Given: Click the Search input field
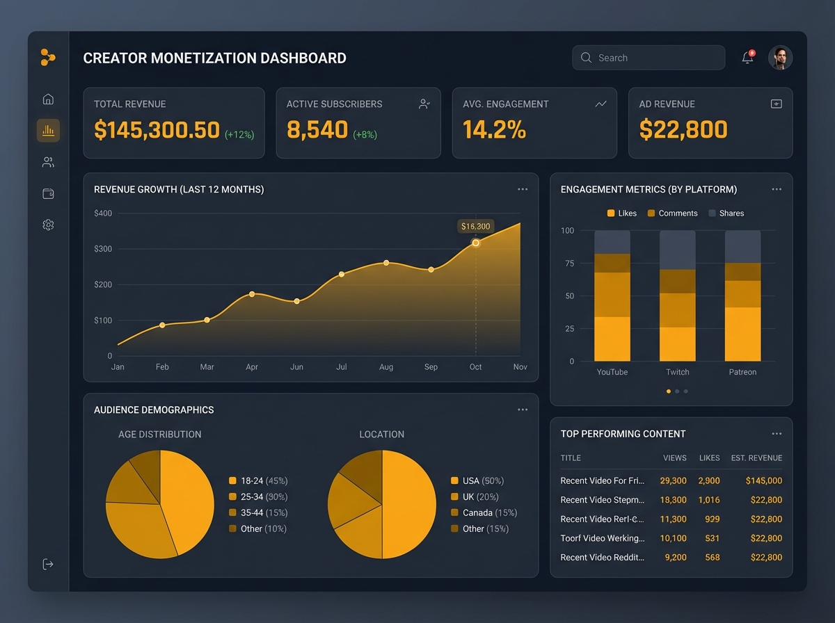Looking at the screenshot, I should [648, 58].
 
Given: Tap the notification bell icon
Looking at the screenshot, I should [747, 58].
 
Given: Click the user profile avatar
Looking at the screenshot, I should [780, 58].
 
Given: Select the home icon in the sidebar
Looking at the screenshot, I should [48, 99].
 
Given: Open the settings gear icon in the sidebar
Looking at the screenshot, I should [48, 225].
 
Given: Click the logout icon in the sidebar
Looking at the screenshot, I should [48, 564].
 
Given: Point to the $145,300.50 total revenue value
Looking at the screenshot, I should [157, 130].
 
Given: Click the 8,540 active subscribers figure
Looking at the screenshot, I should [317, 130].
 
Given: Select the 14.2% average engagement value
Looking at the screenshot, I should [494, 130].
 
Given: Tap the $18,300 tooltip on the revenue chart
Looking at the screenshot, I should [475, 226].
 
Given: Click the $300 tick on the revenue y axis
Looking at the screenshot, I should [103, 249].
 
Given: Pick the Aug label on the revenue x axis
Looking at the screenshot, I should [386, 367].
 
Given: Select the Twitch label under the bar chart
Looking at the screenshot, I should [677, 372].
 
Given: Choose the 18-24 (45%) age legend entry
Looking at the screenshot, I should [258, 481].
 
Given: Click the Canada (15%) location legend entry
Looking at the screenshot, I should [484, 512].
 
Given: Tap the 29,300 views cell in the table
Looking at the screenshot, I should [673, 480].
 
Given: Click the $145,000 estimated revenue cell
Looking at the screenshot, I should [763, 480].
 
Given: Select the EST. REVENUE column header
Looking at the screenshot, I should [756, 458].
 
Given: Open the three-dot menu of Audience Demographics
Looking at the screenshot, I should [523, 410].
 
